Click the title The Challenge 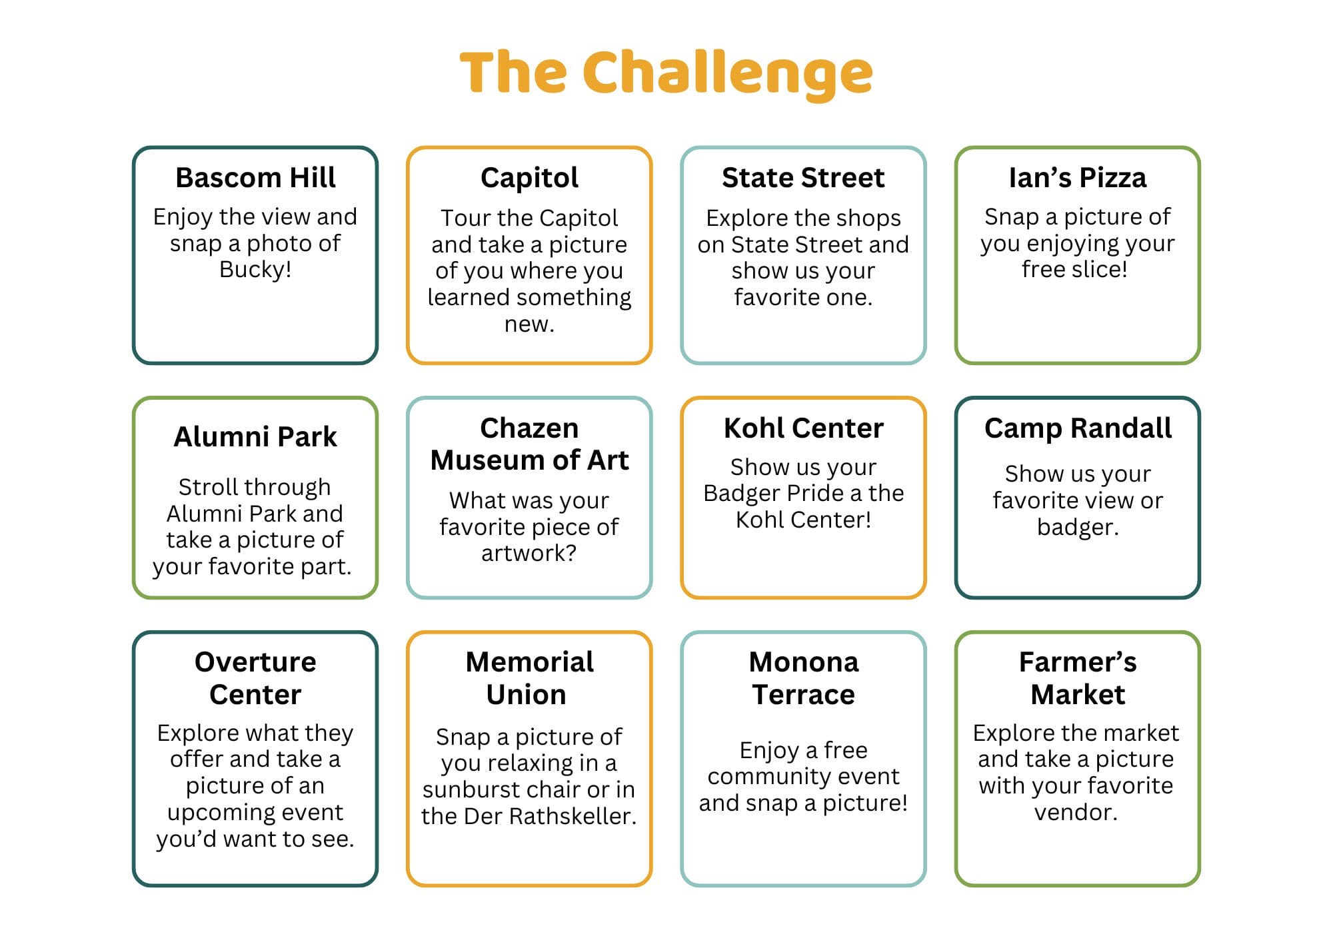click(666, 73)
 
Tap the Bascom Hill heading click(255, 178)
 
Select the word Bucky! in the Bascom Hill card click(255, 270)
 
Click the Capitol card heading click(529, 179)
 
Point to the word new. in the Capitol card click(529, 324)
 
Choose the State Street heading click(803, 178)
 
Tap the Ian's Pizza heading click(1078, 178)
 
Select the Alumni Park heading click(255, 437)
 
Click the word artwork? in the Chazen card click(529, 554)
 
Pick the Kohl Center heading click(804, 428)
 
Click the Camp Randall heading click(1078, 429)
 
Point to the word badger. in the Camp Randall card click(1078, 528)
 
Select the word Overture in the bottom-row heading click(255, 662)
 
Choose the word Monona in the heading click(804, 662)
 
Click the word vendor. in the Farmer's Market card click(1076, 813)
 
